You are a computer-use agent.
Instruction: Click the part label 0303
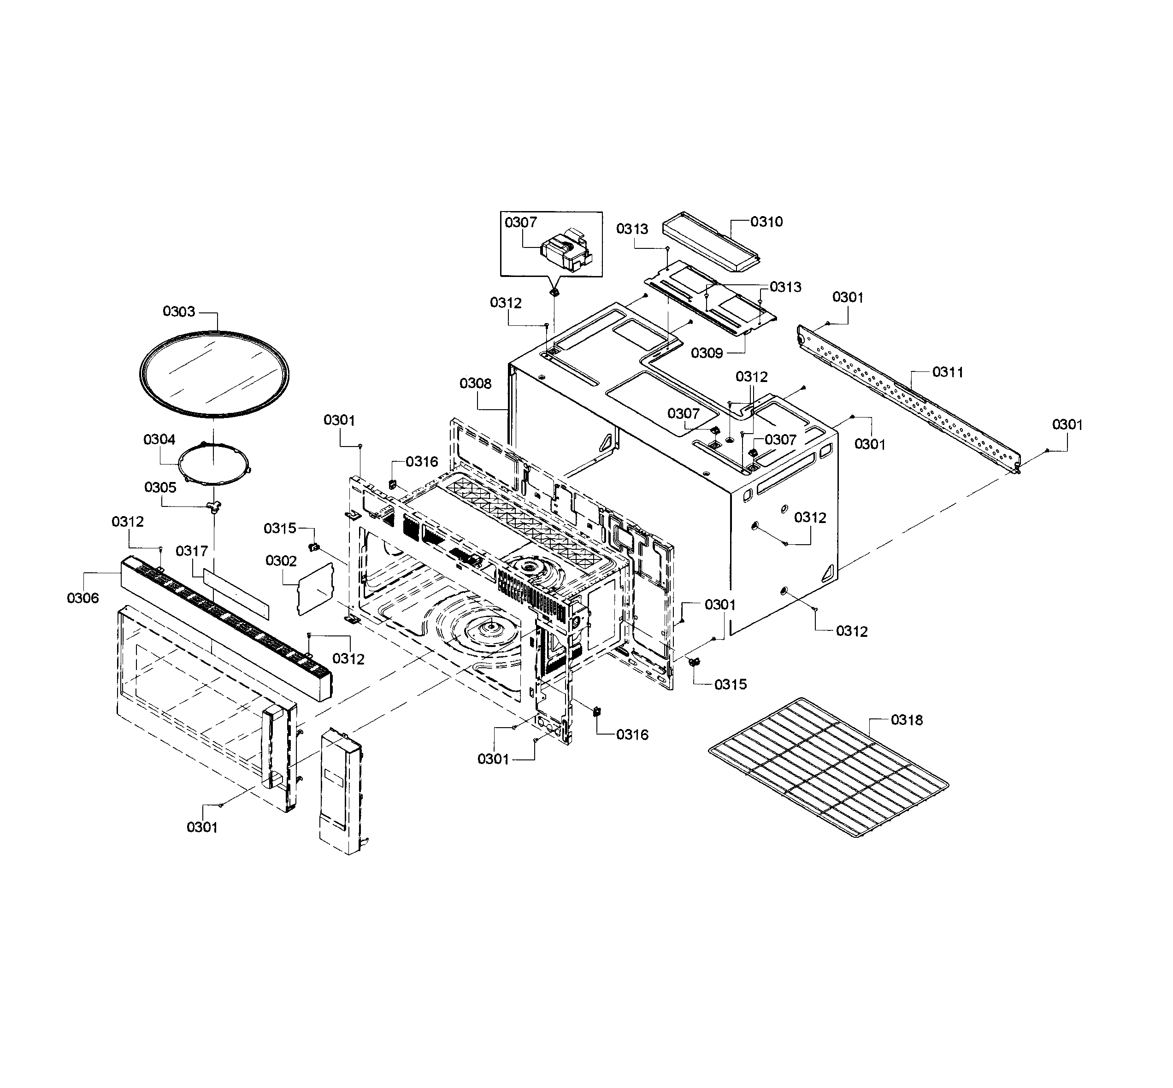[x=178, y=312]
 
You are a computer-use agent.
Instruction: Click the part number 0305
[x=160, y=487]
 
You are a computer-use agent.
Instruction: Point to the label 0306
[x=83, y=598]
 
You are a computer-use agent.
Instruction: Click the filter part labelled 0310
[x=711, y=242]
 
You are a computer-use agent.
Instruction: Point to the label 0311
[x=948, y=371]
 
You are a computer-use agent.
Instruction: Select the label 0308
[x=475, y=383]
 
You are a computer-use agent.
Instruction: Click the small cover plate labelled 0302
[x=315, y=589]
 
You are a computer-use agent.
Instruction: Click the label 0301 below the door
[x=202, y=827]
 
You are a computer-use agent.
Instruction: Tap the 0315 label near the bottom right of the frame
[x=730, y=684]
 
